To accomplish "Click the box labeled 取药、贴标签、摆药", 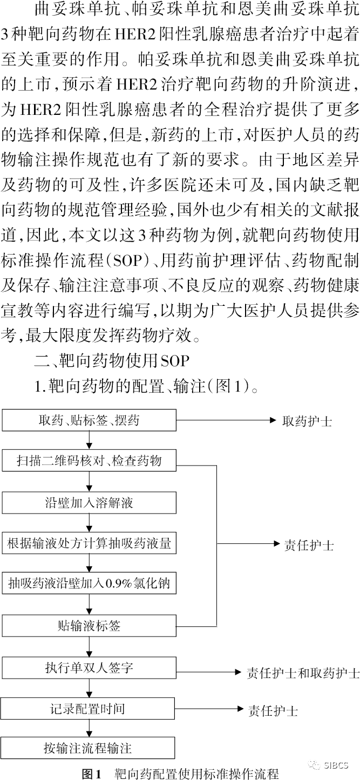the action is pos(89,420).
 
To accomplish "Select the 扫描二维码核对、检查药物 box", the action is pos(89,461).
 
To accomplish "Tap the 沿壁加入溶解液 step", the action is pos(89,503).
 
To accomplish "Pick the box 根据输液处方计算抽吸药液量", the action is pos(89,543).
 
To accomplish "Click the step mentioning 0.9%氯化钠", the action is pos(89,583).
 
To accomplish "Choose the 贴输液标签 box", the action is pos(89,626).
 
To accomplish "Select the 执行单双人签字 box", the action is pos(89,667).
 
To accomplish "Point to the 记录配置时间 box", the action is pos(87,708).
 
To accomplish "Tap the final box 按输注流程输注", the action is pos(87,748).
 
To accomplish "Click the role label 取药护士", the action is pos(307,421).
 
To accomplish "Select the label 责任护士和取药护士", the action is pos(303,673).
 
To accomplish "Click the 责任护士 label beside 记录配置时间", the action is pos(273,710).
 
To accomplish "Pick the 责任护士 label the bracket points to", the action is pos(309,545).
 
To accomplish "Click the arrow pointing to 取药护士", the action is pos(226,420).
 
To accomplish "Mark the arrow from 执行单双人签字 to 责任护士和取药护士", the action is pos(209,672).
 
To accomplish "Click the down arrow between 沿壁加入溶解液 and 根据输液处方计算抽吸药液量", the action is pos(90,523).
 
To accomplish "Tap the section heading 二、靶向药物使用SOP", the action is pos(112,361).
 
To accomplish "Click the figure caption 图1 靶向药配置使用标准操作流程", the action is pos(180,774).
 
